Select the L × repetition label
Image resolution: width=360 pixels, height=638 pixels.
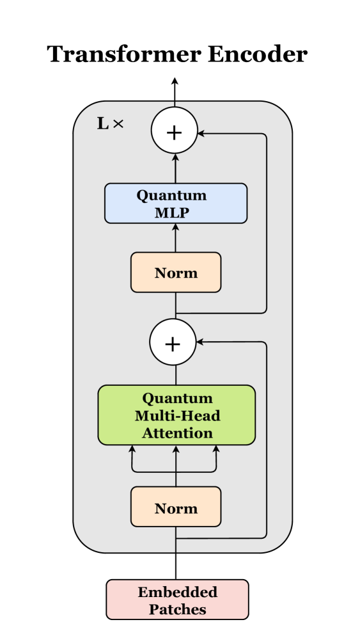click(110, 124)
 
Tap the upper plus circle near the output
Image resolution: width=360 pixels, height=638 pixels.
click(175, 132)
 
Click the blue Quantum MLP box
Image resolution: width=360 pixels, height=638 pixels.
click(175, 203)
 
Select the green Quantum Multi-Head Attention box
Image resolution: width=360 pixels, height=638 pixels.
click(176, 415)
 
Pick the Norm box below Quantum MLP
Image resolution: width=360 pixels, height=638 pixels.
click(176, 273)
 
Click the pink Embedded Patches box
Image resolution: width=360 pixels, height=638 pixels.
click(177, 600)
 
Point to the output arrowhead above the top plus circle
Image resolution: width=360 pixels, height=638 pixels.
click(175, 81)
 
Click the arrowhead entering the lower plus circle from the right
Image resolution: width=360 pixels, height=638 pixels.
click(200, 342)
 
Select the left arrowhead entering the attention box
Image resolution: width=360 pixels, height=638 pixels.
click(132, 449)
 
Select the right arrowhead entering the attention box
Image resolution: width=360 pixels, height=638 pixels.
click(215, 449)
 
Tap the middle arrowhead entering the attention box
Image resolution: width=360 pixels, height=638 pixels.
click(176, 449)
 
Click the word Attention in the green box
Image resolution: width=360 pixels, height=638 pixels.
click(177, 433)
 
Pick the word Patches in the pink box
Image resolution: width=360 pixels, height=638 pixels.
click(177, 609)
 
